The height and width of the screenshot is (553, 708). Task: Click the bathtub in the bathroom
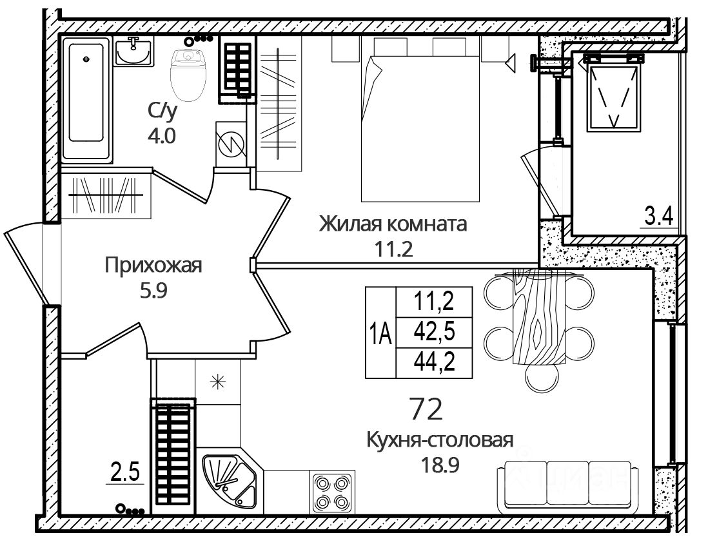tap(86, 99)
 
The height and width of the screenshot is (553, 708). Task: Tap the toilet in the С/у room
tap(188, 75)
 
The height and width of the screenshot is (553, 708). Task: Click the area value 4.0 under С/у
tap(162, 135)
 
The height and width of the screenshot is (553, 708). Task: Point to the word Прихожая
tap(153, 266)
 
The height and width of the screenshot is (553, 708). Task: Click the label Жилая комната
tap(393, 224)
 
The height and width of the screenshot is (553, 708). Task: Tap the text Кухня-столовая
tap(440, 440)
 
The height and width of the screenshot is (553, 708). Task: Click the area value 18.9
tap(440, 464)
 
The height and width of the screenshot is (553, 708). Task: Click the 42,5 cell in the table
tap(435, 333)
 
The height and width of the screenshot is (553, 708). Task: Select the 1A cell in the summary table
tap(380, 333)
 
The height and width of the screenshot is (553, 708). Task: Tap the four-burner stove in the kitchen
tap(332, 492)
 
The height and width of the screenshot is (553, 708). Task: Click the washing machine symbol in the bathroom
tap(231, 144)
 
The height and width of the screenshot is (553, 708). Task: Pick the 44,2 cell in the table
tap(435, 362)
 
